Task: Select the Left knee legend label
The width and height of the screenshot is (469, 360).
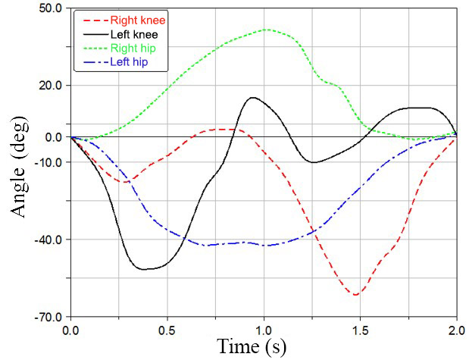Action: tap(136, 33)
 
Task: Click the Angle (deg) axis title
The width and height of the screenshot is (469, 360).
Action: tap(22, 162)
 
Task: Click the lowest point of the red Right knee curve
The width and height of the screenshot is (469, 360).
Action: tap(355, 294)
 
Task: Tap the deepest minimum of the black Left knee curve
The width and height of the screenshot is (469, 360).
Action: tap(144, 269)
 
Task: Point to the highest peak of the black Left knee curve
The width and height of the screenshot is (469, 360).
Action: tap(252, 98)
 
